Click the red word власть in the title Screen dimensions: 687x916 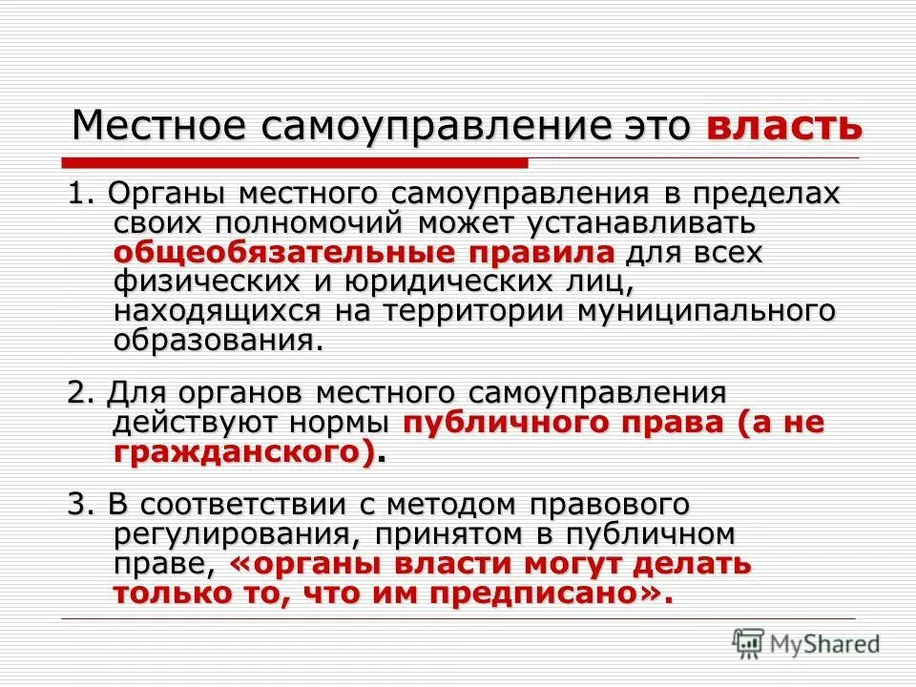click(785, 127)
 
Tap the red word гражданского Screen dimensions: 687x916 click(243, 452)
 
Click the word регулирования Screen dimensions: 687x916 click(225, 533)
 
